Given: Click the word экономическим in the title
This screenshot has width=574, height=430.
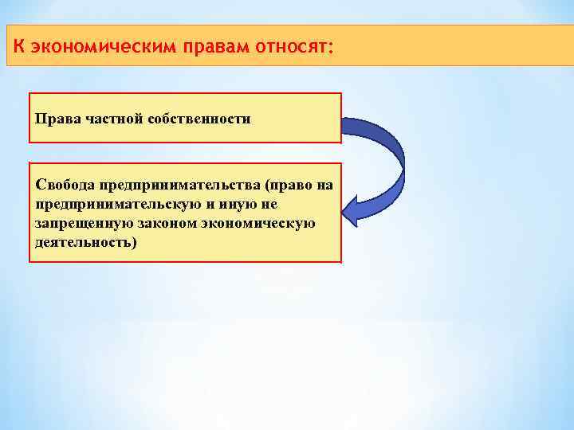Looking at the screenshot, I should (x=104, y=46).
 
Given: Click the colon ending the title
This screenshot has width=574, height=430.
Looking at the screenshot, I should (x=329, y=47).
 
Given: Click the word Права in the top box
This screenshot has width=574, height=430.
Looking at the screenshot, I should (x=53, y=119).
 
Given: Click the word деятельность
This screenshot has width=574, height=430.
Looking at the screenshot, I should (x=84, y=242).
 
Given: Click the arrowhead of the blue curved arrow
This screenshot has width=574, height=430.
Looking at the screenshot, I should (x=353, y=212).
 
